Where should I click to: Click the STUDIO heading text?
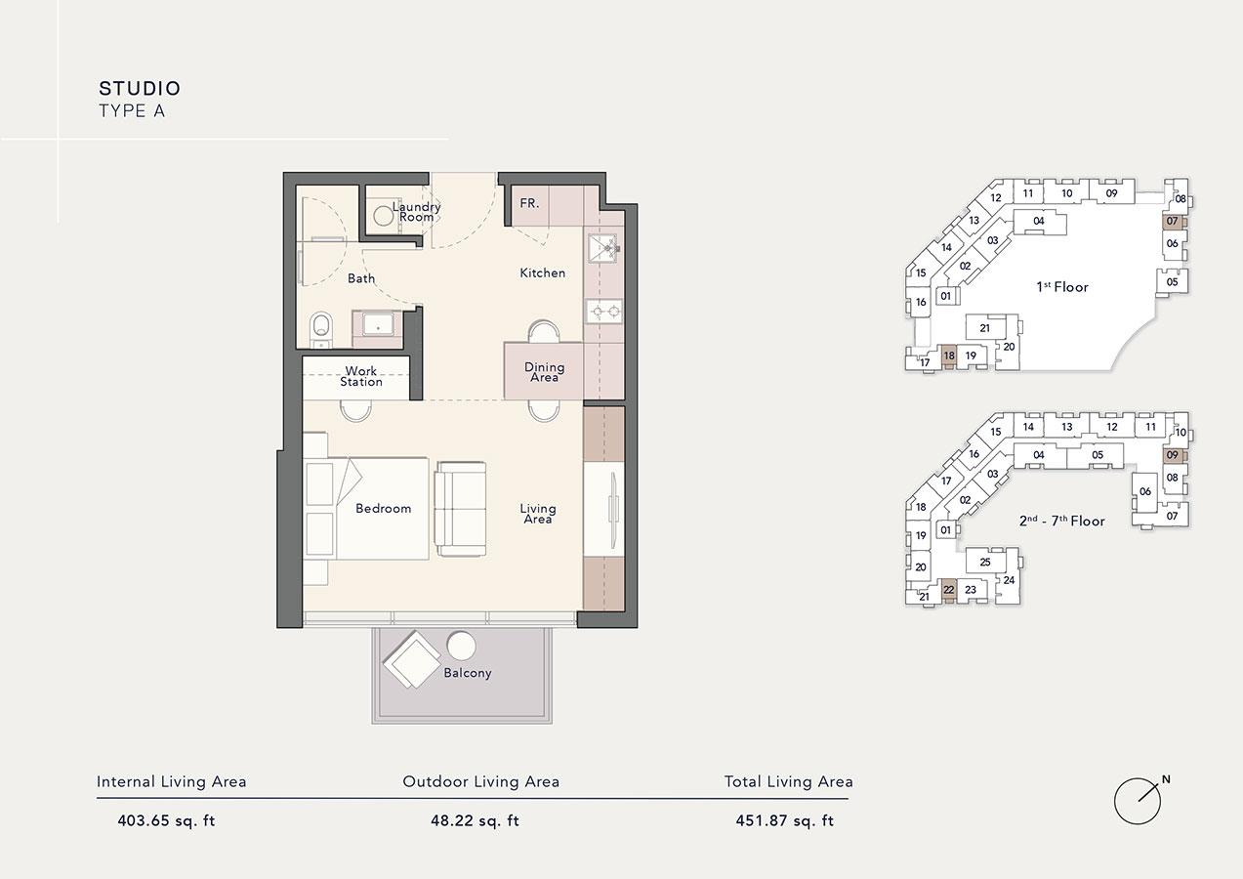140,89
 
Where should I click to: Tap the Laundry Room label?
417,211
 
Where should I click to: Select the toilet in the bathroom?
319,329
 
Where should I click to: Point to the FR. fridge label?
529,204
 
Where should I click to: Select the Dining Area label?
544,372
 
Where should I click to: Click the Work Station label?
361,376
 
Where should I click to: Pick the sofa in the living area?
460,509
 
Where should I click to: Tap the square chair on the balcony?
410,660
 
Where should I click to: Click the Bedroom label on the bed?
383,509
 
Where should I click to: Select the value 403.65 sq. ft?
166,820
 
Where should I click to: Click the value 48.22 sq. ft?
475,820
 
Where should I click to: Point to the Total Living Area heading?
788,781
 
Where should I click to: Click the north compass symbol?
1138,801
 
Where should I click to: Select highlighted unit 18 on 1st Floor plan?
949,356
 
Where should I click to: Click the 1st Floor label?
1062,287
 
